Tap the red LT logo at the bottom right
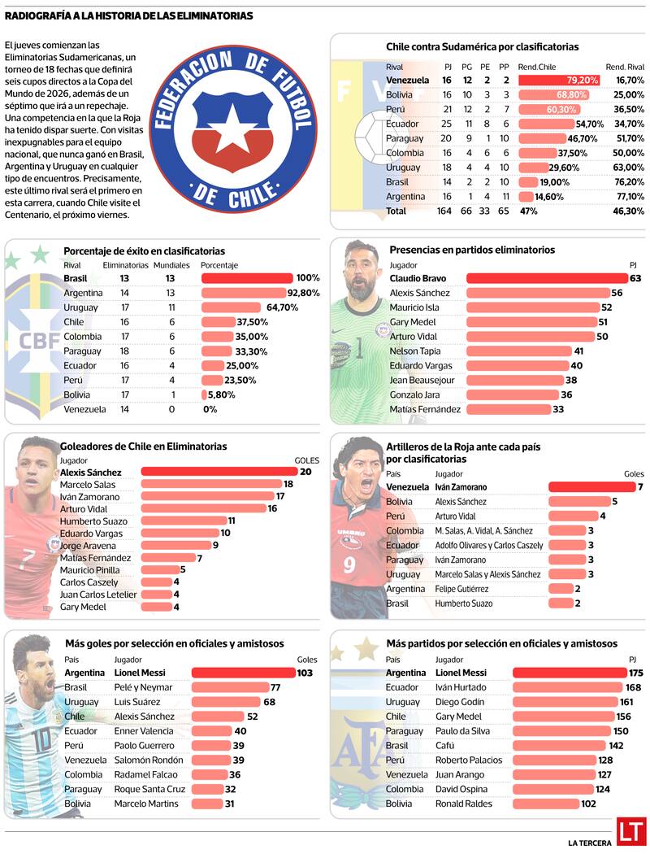(630, 831)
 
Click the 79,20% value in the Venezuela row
(583, 81)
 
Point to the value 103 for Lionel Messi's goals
(305, 673)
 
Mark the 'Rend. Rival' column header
(625, 67)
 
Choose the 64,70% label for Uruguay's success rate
(282, 307)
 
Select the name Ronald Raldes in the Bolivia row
(463, 804)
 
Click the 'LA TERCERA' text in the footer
(590, 841)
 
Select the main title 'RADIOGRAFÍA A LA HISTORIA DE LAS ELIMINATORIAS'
(128, 15)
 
